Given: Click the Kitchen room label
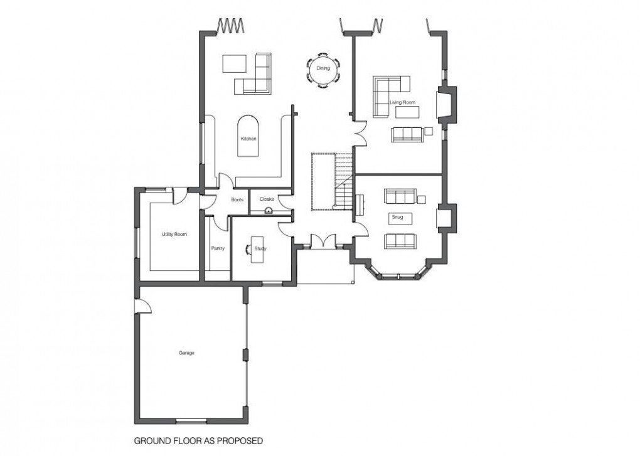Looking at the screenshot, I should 248,139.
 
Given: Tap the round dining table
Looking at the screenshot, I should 323,70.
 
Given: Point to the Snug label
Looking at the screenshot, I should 397,218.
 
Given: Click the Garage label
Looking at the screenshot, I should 186,353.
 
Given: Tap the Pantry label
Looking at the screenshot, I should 218,249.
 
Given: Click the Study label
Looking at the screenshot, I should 261,249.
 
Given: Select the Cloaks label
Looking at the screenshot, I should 266,199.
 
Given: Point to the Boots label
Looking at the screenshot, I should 237,199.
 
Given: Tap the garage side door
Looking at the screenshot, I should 142,305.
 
